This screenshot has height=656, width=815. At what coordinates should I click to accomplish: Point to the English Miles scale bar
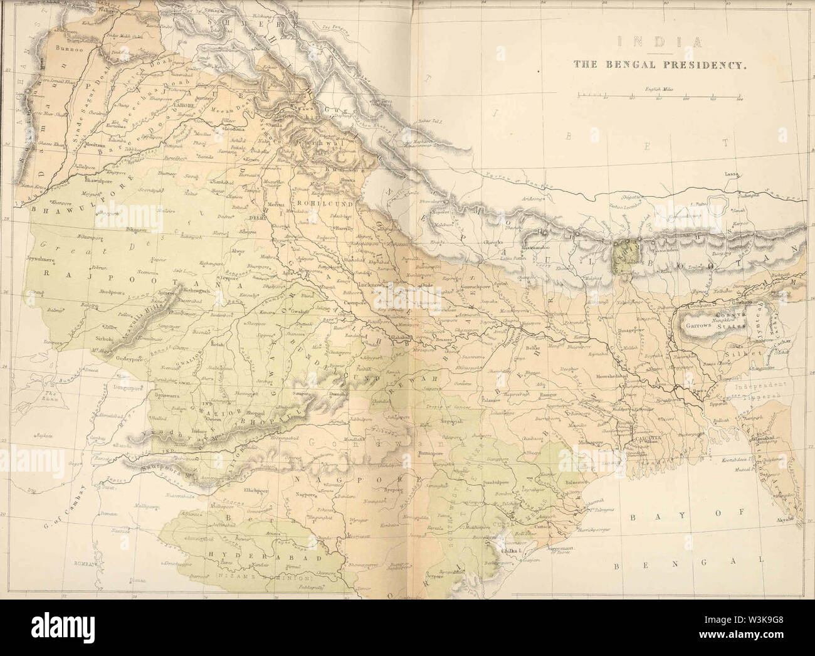(658, 97)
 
